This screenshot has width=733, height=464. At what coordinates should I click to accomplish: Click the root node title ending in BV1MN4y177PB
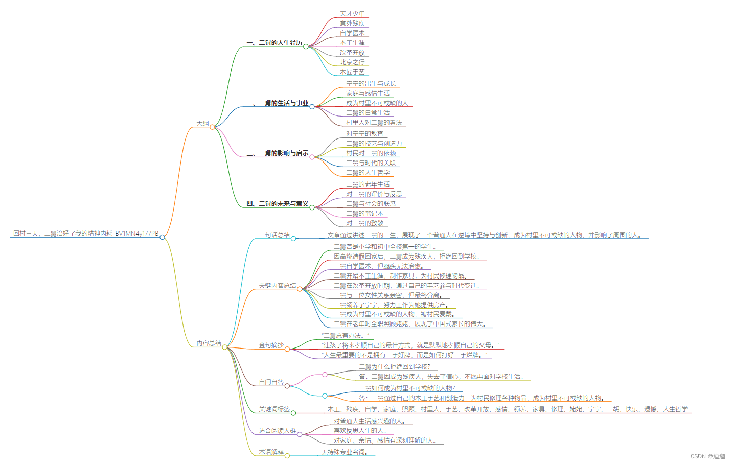tap(86, 234)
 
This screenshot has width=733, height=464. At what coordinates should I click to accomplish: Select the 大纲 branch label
tap(202, 123)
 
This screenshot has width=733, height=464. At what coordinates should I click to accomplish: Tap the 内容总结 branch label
tap(209, 343)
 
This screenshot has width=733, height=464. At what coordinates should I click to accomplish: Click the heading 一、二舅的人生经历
tap(274, 43)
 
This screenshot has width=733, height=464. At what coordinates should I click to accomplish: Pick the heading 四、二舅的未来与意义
tap(277, 204)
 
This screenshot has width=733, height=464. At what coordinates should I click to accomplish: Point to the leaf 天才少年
tap(352, 14)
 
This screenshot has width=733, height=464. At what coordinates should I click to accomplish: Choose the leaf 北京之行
tap(352, 62)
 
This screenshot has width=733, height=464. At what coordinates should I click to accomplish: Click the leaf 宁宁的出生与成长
tap(371, 84)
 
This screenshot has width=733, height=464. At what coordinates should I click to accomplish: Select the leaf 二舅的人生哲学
tap(368, 173)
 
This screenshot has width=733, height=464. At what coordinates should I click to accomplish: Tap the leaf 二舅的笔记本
tap(364, 214)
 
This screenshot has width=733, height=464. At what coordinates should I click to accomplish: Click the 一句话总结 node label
tap(274, 235)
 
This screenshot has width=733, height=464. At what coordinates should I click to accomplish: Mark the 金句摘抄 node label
tap(271, 345)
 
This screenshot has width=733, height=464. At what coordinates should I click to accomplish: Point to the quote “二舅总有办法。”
tap(345, 336)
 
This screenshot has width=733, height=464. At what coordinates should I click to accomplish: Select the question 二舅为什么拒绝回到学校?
tap(394, 367)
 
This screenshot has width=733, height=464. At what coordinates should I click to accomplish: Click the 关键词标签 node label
tap(274, 409)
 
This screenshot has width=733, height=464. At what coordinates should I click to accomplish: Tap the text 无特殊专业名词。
tap(345, 452)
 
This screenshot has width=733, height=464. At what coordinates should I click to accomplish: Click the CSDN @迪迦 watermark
tap(707, 456)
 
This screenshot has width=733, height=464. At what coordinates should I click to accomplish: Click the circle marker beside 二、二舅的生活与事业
tap(312, 107)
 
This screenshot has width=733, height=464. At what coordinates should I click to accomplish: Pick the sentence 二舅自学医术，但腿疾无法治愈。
tap(379, 266)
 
